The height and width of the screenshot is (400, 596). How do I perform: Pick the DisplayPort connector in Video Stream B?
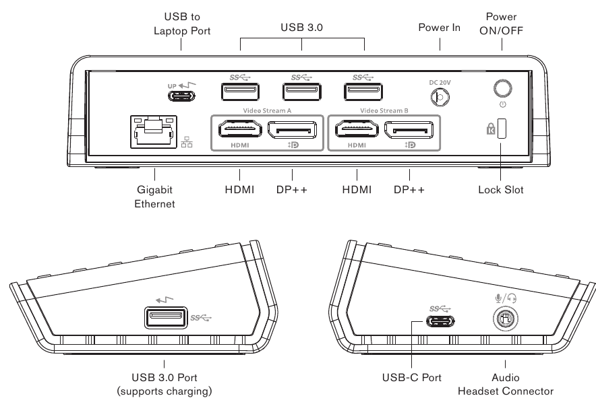[x=410, y=128]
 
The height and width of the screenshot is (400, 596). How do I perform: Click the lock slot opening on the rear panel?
[x=502, y=129]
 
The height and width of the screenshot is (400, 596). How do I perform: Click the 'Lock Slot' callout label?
[x=500, y=190]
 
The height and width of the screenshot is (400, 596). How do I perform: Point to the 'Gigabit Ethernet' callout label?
[x=155, y=197]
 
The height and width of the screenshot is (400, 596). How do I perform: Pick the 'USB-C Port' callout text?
[x=412, y=378]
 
